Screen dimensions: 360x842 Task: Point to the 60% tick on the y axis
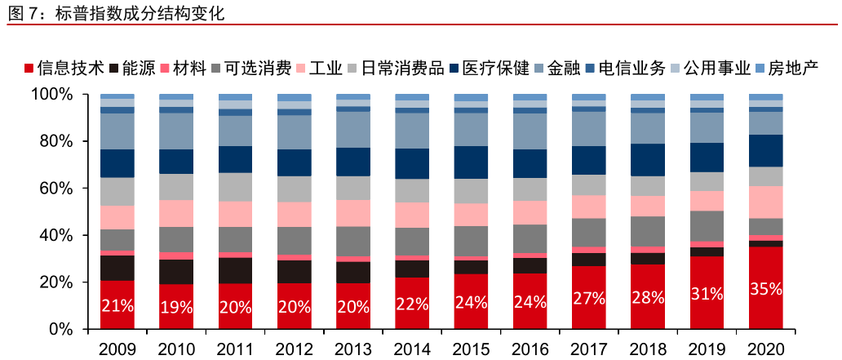click(56, 189)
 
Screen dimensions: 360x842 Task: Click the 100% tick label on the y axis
click(52, 95)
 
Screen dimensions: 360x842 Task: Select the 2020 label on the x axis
click(765, 349)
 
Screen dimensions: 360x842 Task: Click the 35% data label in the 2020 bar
click(765, 289)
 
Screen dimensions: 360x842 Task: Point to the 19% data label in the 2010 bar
click(176, 307)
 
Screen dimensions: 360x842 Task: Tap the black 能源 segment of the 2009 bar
click(117, 268)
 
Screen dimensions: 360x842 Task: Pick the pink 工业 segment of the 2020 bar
click(765, 202)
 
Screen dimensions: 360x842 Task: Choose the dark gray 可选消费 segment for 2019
click(707, 225)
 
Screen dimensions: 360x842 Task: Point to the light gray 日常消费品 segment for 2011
click(235, 187)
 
